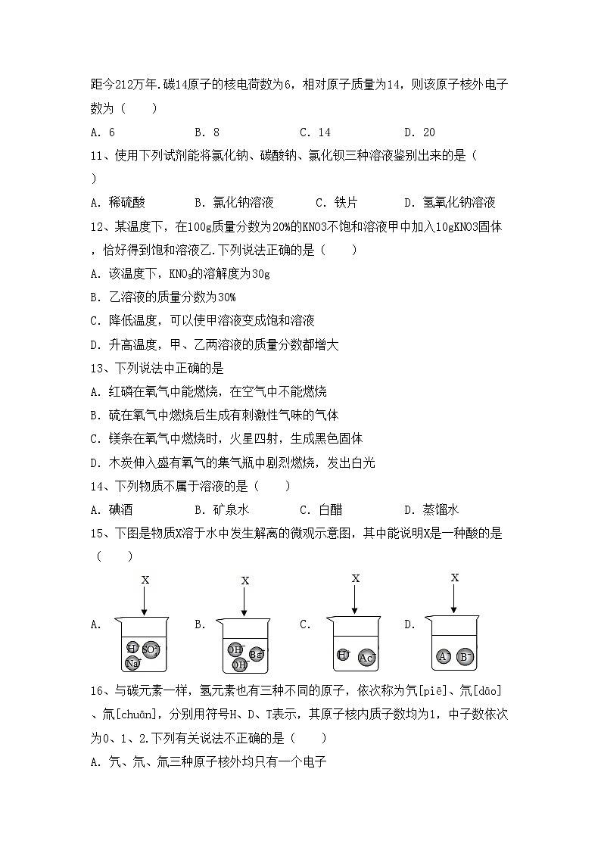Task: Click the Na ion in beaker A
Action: (x=133, y=664)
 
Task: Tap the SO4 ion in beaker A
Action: (x=151, y=649)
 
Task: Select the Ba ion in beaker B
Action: (x=256, y=653)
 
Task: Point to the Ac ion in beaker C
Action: (x=367, y=658)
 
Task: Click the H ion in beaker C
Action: (x=343, y=655)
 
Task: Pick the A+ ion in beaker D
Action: (x=444, y=656)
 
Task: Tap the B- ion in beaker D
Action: (x=466, y=656)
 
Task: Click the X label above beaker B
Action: (x=244, y=581)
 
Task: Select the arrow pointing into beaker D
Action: (x=454, y=598)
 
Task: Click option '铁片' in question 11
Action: (x=341, y=202)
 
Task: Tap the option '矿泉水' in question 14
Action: (x=226, y=509)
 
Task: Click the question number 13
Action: (x=99, y=368)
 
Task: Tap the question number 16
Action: (x=99, y=690)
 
